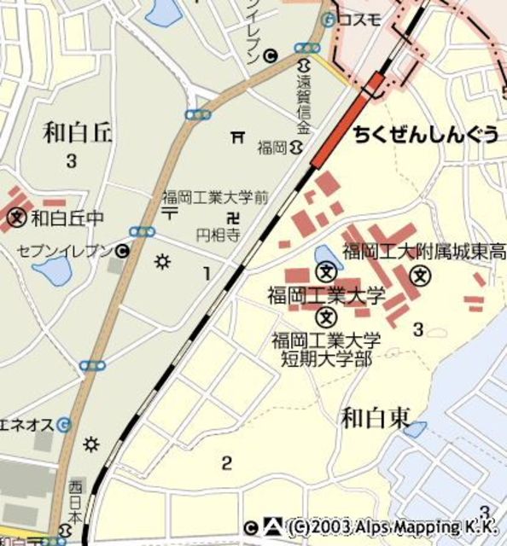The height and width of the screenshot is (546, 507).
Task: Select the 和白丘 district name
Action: coord(79,132)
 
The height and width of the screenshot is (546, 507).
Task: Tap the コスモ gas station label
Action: coord(359,20)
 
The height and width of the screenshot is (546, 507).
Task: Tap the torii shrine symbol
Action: coord(238,136)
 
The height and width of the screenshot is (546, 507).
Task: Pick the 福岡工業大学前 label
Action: coord(215,197)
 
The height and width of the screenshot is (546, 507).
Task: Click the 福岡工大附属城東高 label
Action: coord(424,252)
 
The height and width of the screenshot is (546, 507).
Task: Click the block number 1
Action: coord(206,273)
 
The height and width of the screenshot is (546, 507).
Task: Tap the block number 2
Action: coord(226,463)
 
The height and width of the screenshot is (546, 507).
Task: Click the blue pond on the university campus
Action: coord(325,255)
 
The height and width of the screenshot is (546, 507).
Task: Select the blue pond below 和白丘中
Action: coord(53,272)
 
